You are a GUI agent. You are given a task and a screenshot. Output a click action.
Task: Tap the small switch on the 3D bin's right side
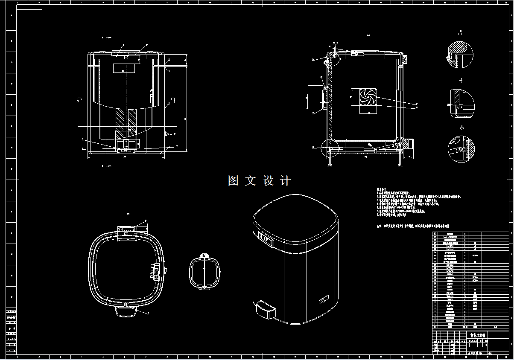[322, 300]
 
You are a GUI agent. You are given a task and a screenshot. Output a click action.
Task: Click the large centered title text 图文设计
[259, 180]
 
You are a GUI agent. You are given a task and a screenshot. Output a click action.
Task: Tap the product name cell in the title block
[477, 335]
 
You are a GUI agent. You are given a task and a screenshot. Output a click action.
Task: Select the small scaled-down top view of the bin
[205, 271]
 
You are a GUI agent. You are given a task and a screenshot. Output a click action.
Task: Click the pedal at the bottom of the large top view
[126, 311]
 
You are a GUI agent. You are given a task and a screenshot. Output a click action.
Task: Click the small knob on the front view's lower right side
[166, 134]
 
